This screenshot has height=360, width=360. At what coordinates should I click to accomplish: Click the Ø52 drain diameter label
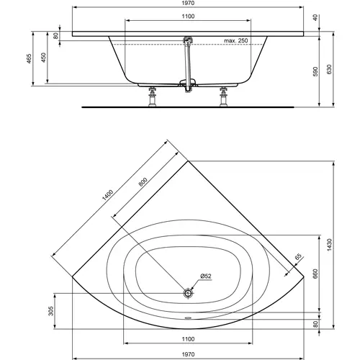pyautogui.click(x=205, y=276)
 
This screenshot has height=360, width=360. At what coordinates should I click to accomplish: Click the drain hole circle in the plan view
pyautogui.click(x=188, y=293)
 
